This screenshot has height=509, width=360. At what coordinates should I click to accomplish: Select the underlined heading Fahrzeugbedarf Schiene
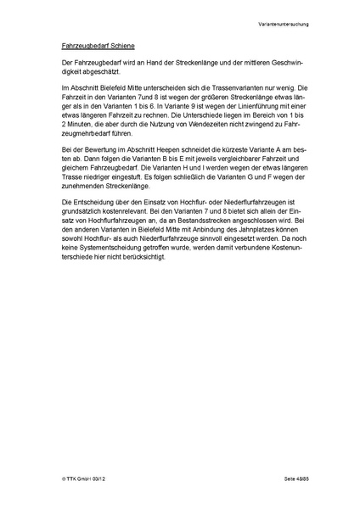coord(98,43)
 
